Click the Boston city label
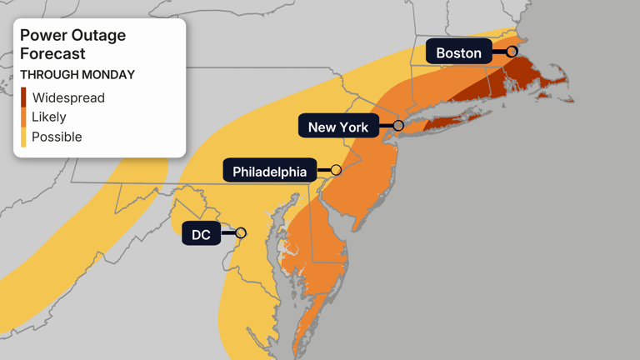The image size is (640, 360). coord(458,52)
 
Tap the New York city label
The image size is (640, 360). coord(338,127)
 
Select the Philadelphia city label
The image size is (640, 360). coord(269,172)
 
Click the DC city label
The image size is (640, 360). coord(201,234)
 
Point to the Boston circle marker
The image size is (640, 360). coord(512,52)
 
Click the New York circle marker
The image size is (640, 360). coord(398,126)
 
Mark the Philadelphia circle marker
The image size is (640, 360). coord(336,170)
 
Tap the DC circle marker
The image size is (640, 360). coord(241,233)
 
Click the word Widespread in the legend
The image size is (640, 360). coord(68,97)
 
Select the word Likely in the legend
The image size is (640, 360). coord(49,117)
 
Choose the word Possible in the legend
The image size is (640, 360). coord(57,137)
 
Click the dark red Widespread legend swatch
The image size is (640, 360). coord(23,97)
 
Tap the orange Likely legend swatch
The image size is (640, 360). coord(23,117)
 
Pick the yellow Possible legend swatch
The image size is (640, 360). coord(23,137)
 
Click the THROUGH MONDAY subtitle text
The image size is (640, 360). coord(77,75)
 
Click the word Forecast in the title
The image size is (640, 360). coord(52,54)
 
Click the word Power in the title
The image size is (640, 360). coord(41,36)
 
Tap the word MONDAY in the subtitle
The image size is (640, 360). coord(107,75)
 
